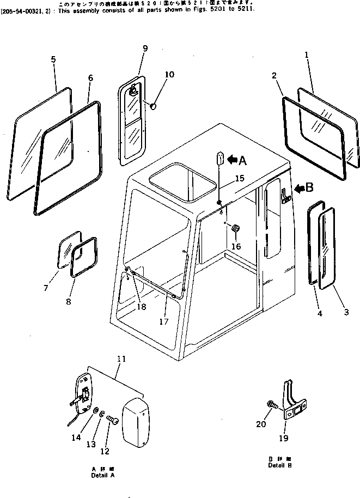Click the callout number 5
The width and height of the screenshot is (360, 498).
coord(53,59)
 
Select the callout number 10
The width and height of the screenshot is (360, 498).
coord(169,75)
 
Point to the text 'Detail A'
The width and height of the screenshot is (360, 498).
coord(103,475)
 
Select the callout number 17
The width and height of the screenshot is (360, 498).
coord(163,321)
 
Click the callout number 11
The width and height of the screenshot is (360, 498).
coord(121,359)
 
